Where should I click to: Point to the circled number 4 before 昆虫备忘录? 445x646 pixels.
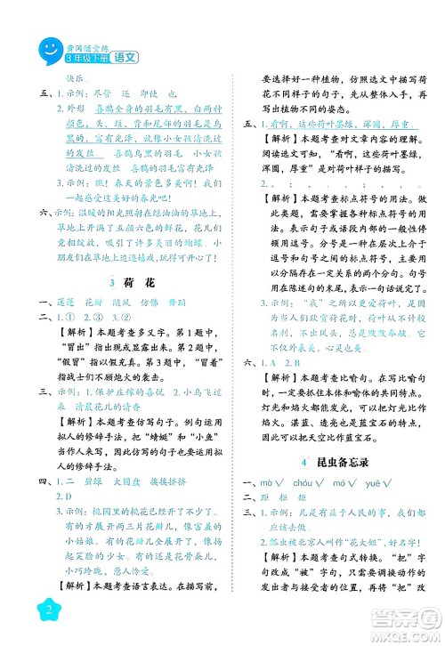pyautogui.click(x=305, y=461)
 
